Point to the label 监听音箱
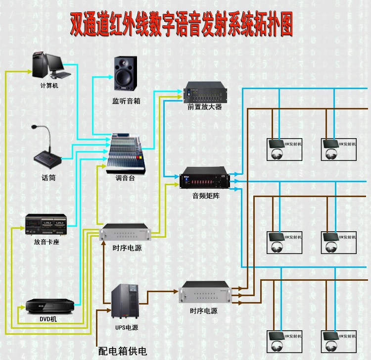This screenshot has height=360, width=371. (126, 101)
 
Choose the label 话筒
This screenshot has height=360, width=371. (48, 177)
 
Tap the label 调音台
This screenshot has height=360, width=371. (125, 178)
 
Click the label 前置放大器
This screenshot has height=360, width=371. (205, 106)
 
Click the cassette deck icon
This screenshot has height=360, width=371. (46, 225)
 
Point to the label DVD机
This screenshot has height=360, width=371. (48, 319)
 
